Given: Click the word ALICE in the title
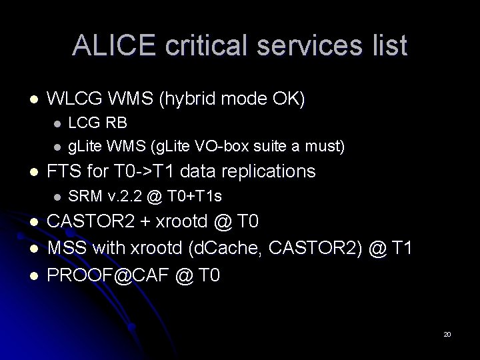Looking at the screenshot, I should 111,45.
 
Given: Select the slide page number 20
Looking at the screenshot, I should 447,334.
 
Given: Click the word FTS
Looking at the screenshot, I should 67,171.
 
